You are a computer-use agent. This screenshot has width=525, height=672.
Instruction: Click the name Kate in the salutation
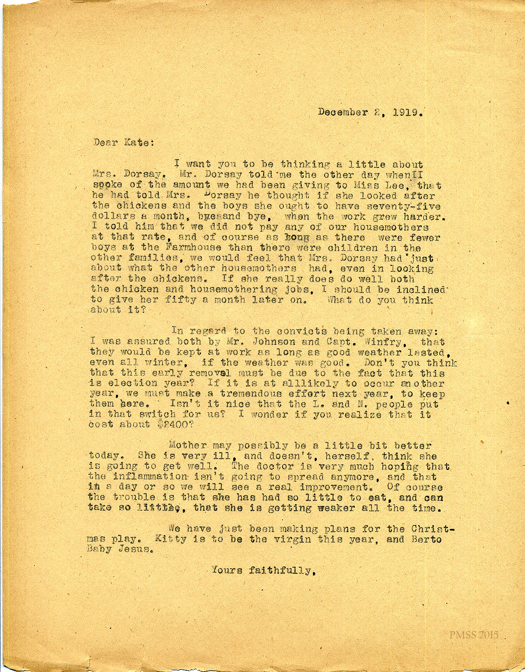135,143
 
